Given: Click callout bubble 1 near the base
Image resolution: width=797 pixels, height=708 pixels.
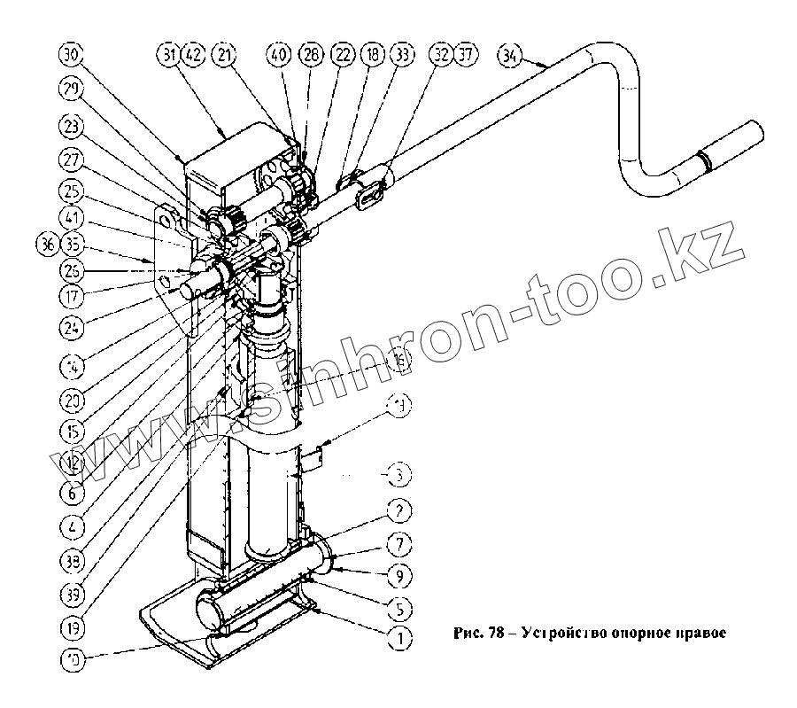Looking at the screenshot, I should [x=399, y=635].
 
